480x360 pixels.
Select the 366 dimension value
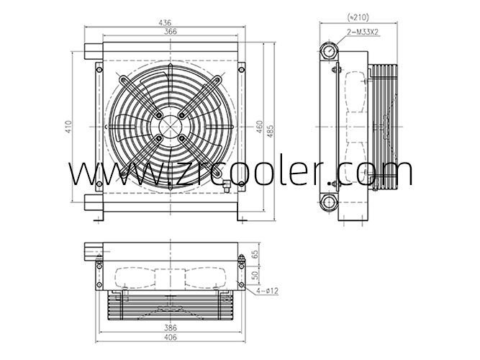pos(170,32)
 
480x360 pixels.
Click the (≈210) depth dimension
pos(357,17)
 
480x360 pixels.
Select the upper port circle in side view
pos(330,52)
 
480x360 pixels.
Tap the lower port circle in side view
pos(330,201)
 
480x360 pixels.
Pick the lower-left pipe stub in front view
pos(92,201)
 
